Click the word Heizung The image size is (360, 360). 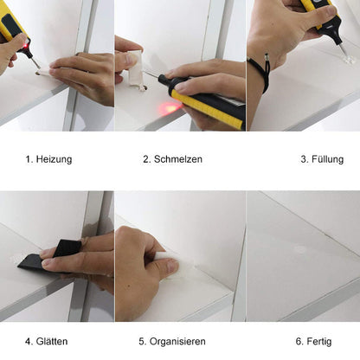[x=54, y=159]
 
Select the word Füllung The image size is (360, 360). [x=327, y=159]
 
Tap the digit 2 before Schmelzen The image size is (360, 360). [x=145, y=159]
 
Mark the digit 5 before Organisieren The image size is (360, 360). [x=145, y=341]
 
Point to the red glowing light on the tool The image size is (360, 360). [x=170, y=107]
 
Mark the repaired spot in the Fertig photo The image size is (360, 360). [x=299, y=249]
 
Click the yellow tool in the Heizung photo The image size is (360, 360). [x=13, y=24]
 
